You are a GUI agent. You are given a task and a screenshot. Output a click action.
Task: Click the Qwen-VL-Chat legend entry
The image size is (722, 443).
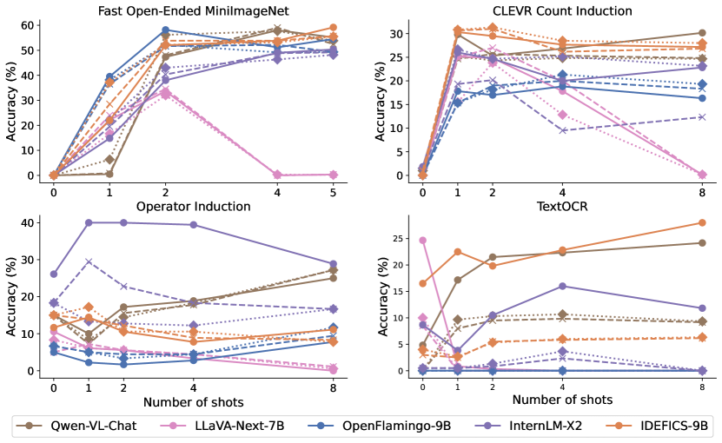[x=83, y=426]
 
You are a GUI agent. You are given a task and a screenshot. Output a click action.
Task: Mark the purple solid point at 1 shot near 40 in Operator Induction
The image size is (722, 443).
[x=89, y=222]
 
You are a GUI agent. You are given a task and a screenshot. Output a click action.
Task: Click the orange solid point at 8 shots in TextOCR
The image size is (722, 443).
[x=701, y=222]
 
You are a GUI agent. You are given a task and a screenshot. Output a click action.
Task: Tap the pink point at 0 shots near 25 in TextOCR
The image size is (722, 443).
[x=422, y=240]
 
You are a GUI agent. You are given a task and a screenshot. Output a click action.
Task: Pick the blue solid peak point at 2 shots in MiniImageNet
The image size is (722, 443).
[x=165, y=30]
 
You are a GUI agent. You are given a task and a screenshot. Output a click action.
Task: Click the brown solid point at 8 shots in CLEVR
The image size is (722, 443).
[x=701, y=33]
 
